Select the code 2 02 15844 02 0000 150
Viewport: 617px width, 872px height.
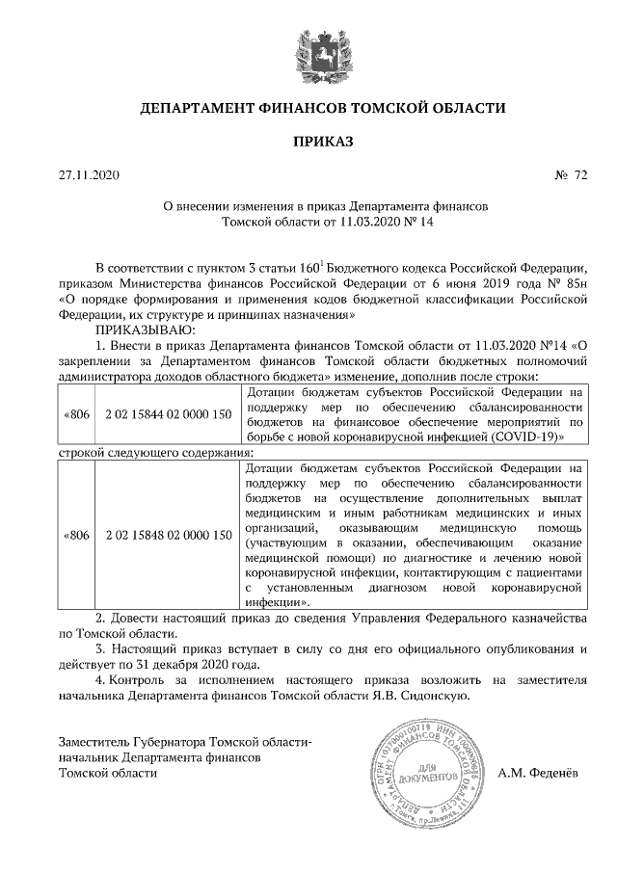(x=169, y=414)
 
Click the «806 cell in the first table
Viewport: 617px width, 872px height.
(x=76, y=414)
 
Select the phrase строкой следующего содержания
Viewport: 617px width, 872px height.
(x=156, y=452)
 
